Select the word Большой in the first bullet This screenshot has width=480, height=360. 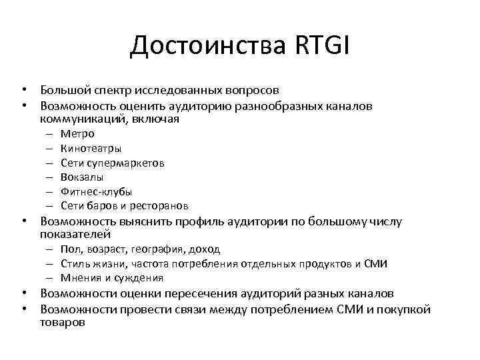click(x=62, y=89)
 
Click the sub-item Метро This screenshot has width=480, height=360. click(x=77, y=133)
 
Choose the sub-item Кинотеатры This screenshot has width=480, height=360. click(x=91, y=148)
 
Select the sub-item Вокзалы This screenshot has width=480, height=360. click(x=81, y=177)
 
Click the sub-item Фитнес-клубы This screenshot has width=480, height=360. click(x=96, y=191)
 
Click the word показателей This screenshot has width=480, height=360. click(x=75, y=235)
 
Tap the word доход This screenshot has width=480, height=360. click(x=204, y=249)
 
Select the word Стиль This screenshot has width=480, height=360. click(x=73, y=264)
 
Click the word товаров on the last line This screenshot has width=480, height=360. click(x=62, y=322)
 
